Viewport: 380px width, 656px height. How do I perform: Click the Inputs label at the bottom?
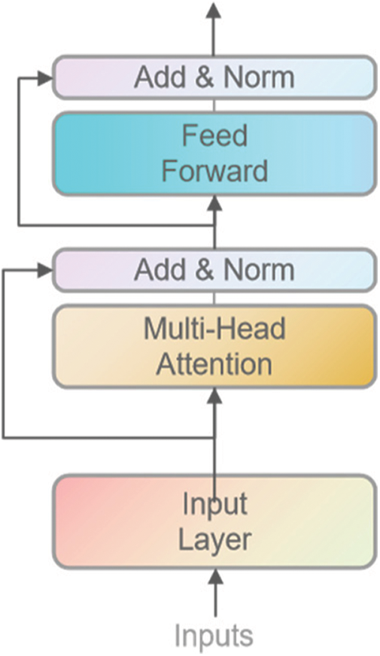pyautogui.click(x=214, y=636)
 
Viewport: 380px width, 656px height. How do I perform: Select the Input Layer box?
pyautogui.click(x=214, y=521)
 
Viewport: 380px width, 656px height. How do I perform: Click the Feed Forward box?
pyautogui.click(x=214, y=153)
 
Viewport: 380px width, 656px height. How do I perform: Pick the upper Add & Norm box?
pyautogui.click(x=214, y=77)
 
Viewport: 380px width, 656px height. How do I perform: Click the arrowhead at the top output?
pyautogui.click(x=214, y=10)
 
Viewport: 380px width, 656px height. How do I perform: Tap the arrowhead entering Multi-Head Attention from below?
pyautogui.click(x=215, y=396)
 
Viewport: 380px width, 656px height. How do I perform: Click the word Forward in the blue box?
pyautogui.click(x=214, y=171)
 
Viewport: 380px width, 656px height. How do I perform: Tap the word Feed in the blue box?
pyautogui.click(x=214, y=137)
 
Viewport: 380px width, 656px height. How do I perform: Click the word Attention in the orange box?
pyautogui.click(x=214, y=364)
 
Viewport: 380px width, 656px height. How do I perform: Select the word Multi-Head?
pyautogui.click(x=214, y=330)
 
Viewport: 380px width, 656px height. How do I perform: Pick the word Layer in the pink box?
pyautogui.click(x=214, y=539)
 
